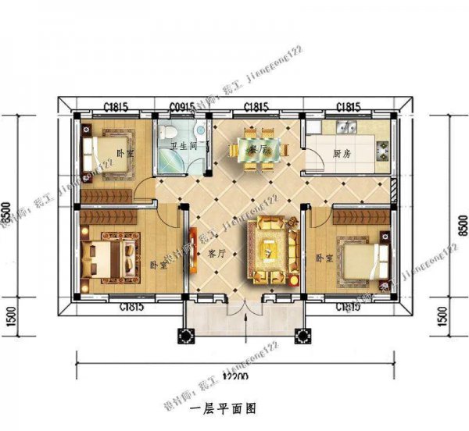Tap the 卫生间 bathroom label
(x=182, y=145)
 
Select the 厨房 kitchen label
(x=342, y=154)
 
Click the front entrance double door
(x=245, y=312)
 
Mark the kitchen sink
(x=345, y=126)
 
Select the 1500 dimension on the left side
(x=9, y=318)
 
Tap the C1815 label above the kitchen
(x=348, y=105)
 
